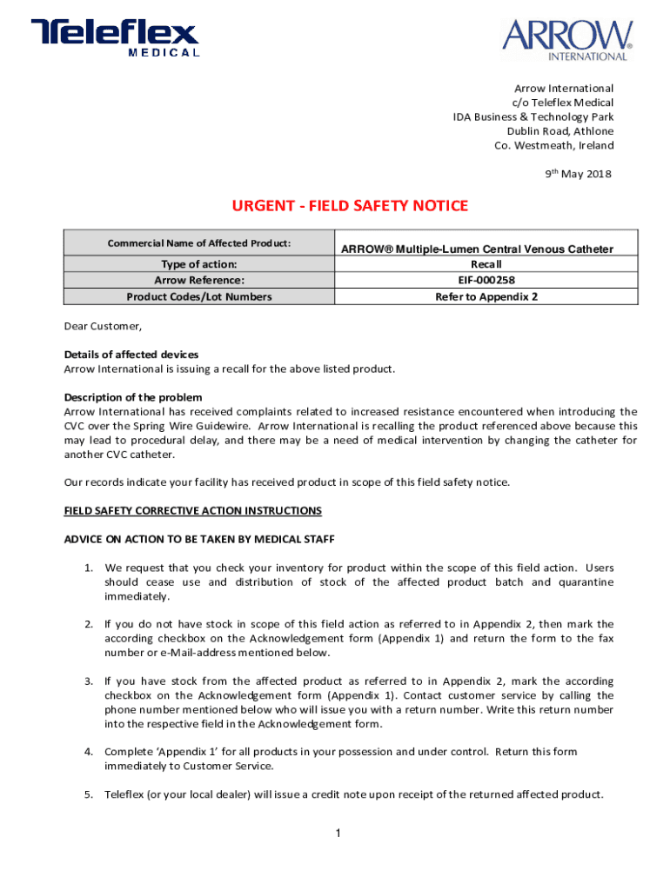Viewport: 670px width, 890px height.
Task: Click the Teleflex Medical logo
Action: coord(116,38)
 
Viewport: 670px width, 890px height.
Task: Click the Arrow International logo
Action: coord(566,39)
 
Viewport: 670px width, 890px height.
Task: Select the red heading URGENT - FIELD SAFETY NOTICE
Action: coord(349,206)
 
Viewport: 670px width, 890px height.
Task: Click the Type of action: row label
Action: coord(199,264)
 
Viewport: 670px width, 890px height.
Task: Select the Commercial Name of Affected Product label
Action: coord(198,242)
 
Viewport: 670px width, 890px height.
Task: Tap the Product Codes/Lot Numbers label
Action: coord(199,296)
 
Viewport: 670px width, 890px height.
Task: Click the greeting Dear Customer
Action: coord(103,327)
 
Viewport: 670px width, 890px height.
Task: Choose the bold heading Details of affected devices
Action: coord(131,355)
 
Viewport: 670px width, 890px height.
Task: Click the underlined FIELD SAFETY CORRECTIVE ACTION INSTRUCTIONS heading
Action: coord(193,510)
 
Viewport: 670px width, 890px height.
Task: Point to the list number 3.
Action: coord(89,681)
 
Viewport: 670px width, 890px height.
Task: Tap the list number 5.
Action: coord(89,794)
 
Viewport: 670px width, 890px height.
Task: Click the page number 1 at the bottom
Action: coord(337,834)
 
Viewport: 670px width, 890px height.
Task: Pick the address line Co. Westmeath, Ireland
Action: coord(553,145)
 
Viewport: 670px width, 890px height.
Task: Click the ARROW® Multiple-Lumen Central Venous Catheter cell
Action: coord(477,249)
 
